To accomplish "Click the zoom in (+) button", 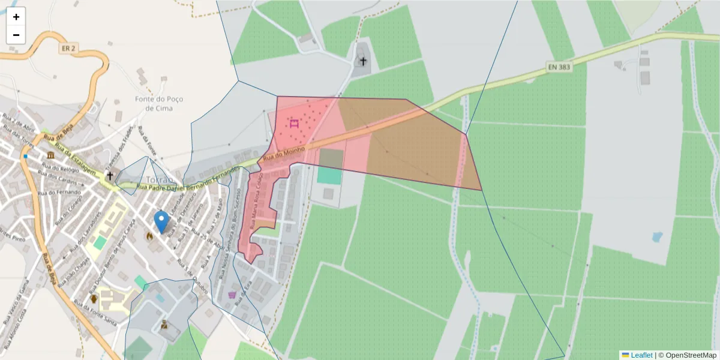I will coord(16,17).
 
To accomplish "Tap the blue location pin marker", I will coord(161,221).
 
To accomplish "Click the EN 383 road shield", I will coord(559,67).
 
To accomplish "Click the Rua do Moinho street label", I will coord(285,153).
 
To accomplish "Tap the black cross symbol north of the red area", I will coord(362,61).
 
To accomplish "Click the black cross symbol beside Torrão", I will coord(109,176).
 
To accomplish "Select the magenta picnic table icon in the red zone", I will coord(294,124).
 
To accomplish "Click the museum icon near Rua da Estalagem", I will coord(48,156).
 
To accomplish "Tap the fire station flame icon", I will coord(149,236).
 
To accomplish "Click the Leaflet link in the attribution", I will coord(641,355).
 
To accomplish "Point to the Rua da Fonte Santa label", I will coord(100,316).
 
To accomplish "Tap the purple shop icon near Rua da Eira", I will coord(232,295).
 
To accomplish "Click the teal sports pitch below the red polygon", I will coord(328,175).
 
